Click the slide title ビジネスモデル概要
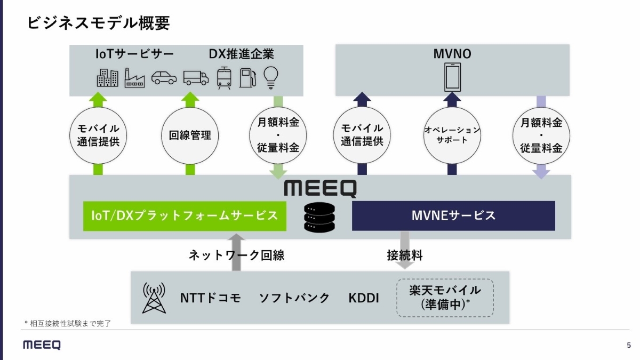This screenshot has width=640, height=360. pos(99,23)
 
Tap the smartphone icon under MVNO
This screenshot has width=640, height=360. pos(452,77)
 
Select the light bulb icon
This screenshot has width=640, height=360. pos(272,77)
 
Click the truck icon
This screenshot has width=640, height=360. pos(196,78)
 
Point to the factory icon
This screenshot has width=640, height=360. pos(134,77)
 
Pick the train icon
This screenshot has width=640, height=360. pos(224,77)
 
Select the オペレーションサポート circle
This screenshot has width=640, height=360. pos(452,135)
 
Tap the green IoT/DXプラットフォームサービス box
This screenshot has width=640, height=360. pos(185,215)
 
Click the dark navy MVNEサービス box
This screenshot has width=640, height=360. pos(453,215)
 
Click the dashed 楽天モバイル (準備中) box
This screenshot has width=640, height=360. pos(445,298)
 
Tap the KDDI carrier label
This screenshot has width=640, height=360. pos(364,298)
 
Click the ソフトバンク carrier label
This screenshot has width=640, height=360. pos(294,298)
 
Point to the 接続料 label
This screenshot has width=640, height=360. pos(404,255)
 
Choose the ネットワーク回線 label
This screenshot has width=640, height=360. pos(236,255)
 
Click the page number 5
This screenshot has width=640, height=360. pos(629,345)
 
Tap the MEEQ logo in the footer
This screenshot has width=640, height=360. pos(42,345)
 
